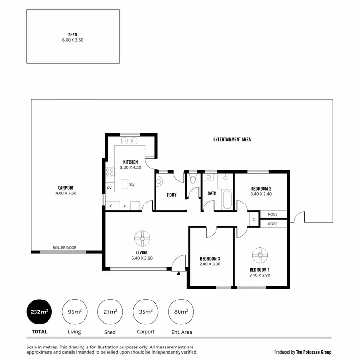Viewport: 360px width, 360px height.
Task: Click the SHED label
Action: [x=73, y=35]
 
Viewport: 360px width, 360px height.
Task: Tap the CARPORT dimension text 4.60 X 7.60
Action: [x=66, y=193]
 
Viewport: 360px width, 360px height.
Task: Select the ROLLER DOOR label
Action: [x=64, y=248]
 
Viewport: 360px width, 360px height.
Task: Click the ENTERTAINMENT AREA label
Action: [x=232, y=140]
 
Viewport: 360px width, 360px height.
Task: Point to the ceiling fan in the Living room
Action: [x=142, y=238]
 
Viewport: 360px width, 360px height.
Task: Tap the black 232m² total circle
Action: [x=39, y=312]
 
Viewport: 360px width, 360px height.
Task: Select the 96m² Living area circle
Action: [x=74, y=312]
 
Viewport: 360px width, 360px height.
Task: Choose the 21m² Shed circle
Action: [x=110, y=312]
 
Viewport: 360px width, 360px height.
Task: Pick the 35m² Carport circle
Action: [x=145, y=312]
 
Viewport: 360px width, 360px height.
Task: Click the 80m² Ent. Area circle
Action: [x=181, y=312]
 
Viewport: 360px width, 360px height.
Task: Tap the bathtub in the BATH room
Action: [x=227, y=200]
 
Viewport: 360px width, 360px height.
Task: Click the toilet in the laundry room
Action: [x=159, y=181]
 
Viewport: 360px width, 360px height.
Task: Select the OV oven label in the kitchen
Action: [x=109, y=188]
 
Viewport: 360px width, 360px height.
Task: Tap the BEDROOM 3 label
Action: [x=210, y=258]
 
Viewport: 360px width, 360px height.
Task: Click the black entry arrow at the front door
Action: [x=179, y=274]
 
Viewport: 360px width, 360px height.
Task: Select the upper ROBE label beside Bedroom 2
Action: [x=273, y=214]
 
